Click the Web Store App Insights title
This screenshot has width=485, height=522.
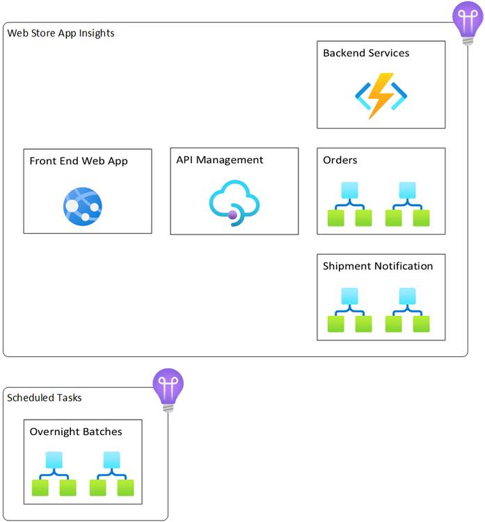61,33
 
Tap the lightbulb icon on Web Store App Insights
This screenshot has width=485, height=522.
464,22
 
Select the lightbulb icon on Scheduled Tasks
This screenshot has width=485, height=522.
168,389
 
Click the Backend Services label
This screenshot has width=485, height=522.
366,53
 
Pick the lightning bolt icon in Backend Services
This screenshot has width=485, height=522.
380,96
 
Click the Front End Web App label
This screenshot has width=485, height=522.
79,161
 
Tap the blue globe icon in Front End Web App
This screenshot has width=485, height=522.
83,205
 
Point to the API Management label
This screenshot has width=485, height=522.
220,160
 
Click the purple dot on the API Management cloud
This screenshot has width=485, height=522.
233,215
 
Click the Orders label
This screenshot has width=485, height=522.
340,160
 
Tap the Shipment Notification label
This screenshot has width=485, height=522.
378,266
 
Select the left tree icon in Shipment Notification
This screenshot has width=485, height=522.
349,310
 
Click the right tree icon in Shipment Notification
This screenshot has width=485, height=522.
408,310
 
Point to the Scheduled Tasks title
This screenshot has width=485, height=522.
45,397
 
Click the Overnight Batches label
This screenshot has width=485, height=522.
76,432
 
